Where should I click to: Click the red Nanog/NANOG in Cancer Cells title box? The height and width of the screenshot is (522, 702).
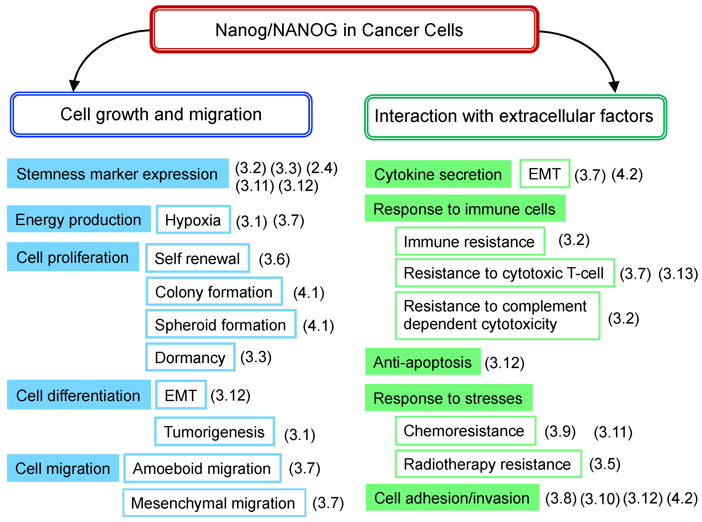point(344,29)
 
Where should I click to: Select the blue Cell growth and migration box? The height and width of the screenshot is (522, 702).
point(161,114)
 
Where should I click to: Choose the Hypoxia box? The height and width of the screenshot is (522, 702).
point(193,220)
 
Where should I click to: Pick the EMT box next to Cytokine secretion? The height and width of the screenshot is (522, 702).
point(544,174)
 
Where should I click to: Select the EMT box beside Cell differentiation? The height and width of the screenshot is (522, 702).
point(181,395)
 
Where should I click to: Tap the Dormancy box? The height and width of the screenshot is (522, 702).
point(190,357)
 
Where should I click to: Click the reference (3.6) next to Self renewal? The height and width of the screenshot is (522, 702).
point(274,259)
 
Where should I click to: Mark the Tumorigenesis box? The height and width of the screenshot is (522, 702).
point(214,432)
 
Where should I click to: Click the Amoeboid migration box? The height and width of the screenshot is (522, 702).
point(202,468)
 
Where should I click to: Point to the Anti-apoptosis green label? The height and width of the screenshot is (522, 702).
point(423,362)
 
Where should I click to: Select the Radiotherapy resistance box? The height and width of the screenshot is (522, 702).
point(488,464)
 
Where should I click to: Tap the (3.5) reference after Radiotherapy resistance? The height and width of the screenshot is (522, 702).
point(604,464)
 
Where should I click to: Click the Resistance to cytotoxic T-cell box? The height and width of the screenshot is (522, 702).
point(505,273)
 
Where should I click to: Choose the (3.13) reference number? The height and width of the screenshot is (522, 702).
point(678,274)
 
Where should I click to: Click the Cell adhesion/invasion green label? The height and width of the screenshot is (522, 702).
point(452,498)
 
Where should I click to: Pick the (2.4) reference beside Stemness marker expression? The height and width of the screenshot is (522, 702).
point(322,168)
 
